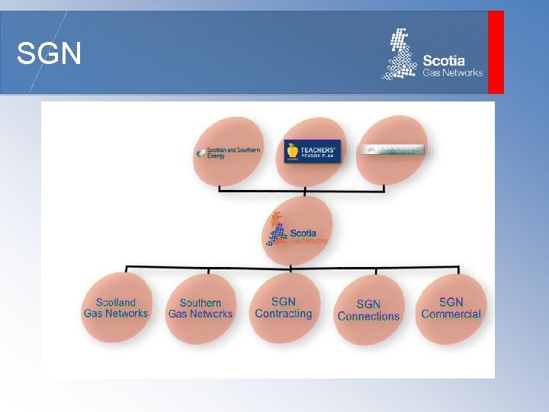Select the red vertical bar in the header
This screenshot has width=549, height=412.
pyautogui.click(x=496, y=52)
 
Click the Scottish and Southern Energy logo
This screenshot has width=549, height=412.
pyautogui.click(x=229, y=152)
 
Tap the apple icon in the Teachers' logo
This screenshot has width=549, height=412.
pyautogui.click(x=293, y=151)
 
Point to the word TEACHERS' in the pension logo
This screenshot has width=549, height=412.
pyautogui.click(x=319, y=149)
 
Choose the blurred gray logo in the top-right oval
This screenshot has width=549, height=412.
pyautogui.click(x=391, y=150)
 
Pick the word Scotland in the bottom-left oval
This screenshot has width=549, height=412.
pyautogui.click(x=116, y=302)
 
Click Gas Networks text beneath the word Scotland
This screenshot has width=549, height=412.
pyautogui.click(x=116, y=314)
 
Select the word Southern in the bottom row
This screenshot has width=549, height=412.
pyautogui.click(x=201, y=303)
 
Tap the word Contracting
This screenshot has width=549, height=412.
pyautogui.click(x=284, y=314)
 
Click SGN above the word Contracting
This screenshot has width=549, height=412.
pyautogui.click(x=284, y=301)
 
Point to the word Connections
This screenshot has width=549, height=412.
pyautogui.click(x=368, y=316)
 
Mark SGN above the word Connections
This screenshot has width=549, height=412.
pyautogui.click(x=368, y=304)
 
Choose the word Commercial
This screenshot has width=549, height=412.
pyautogui.click(x=451, y=314)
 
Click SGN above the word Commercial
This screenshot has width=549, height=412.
pyautogui.click(x=451, y=302)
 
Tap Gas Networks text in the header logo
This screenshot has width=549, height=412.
pyautogui.click(x=453, y=73)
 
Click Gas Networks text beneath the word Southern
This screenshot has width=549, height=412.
pyautogui.click(x=201, y=314)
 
